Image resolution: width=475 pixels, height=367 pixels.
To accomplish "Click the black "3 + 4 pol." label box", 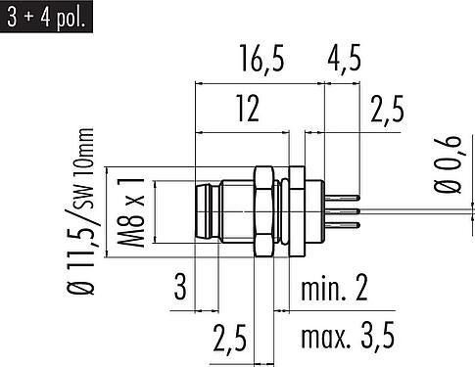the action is [x=46, y=17].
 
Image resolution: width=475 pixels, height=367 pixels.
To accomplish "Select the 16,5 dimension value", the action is [x=262, y=59].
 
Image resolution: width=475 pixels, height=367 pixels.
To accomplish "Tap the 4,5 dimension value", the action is [x=344, y=59].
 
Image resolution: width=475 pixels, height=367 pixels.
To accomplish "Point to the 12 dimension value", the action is [x=249, y=109].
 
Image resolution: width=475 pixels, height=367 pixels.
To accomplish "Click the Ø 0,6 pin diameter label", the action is [x=448, y=164].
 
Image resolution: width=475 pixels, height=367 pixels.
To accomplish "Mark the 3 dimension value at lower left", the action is [x=180, y=287].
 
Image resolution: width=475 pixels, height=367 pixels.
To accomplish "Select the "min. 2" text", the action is [x=334, y=288].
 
